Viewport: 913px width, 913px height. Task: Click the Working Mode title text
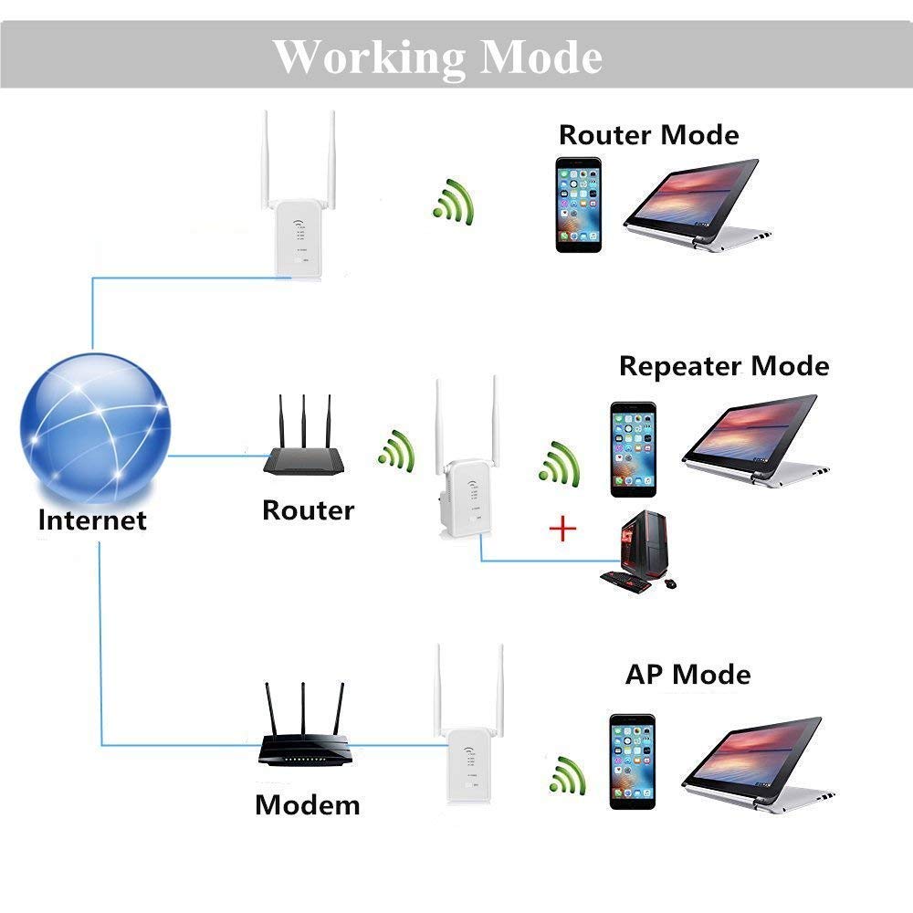coord(437,58)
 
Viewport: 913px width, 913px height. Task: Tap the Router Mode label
coord(648,135)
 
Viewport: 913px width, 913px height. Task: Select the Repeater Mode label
coord(724,366)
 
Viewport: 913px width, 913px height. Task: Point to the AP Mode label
coord(687,675)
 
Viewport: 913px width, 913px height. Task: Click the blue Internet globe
coord(95,427)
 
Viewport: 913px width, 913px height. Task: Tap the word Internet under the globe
coord(92,519)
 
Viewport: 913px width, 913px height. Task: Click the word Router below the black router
coord(308,510)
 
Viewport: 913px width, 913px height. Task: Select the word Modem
coord(308,805)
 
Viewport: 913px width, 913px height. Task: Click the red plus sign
coord(562,529)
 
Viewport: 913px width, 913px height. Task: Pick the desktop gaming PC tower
coord(643,544)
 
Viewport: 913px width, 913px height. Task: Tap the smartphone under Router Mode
coord(578,205)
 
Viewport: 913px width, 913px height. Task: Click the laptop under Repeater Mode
coord(755,440)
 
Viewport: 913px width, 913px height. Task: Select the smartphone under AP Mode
coord(633,761)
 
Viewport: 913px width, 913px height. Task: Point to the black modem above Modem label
coord(305,724)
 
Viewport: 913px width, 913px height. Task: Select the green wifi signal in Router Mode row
coord(455,203)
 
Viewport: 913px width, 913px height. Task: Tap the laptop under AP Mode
coord(758,764)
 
